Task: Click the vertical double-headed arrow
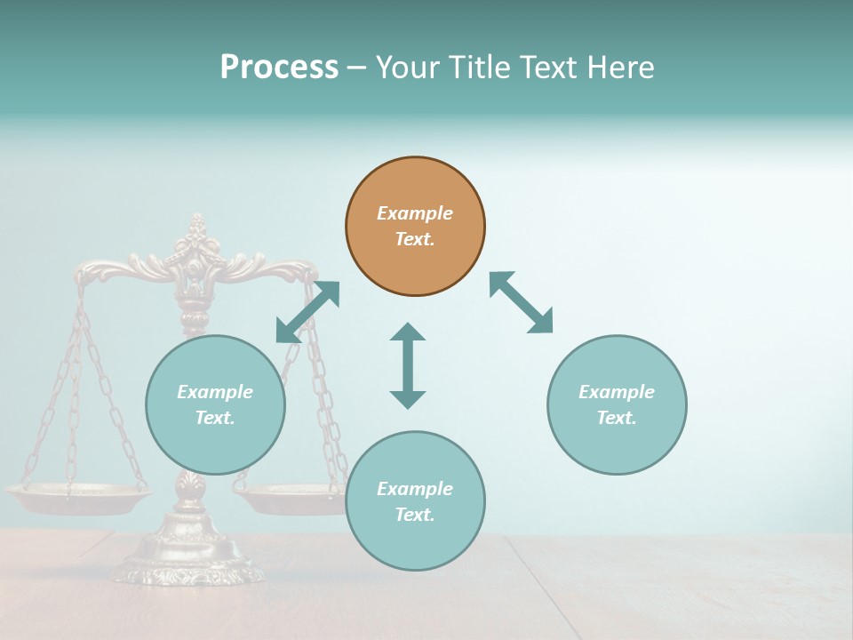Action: [408, 365]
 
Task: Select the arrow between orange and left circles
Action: [307, 311]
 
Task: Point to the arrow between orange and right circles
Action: [522, 302]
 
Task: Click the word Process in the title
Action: [279, 67]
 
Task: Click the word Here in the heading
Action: [622, 67]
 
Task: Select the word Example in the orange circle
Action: [415, 213]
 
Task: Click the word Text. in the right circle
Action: [617, 418]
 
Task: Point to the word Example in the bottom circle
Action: [415, 489]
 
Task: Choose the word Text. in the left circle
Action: [215, 418]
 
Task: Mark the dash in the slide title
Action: [356, 68]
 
